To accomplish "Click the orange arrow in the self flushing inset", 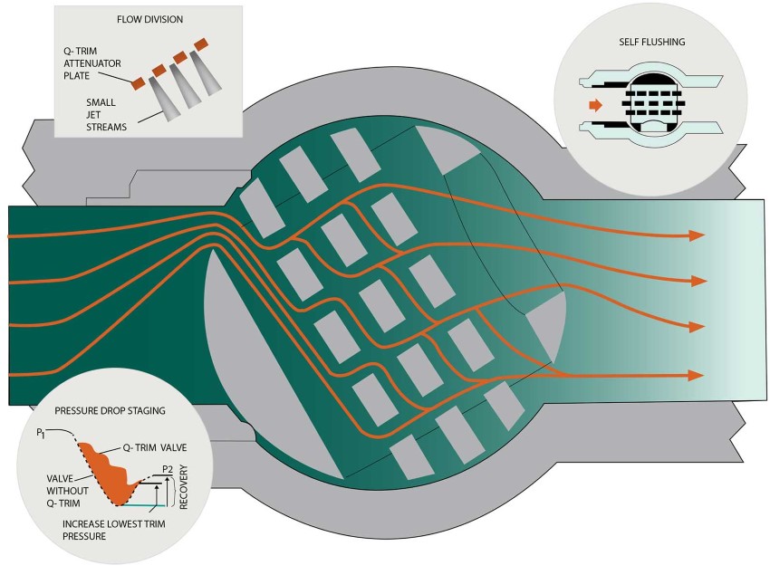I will click(594, 106).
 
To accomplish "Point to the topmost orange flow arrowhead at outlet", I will click(696, 235).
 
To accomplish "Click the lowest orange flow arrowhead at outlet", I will click(696, 375).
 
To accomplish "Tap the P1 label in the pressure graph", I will click(42, 433).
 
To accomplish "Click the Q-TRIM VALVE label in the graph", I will click(156, 446).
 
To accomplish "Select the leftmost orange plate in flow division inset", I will click(138, 83).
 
